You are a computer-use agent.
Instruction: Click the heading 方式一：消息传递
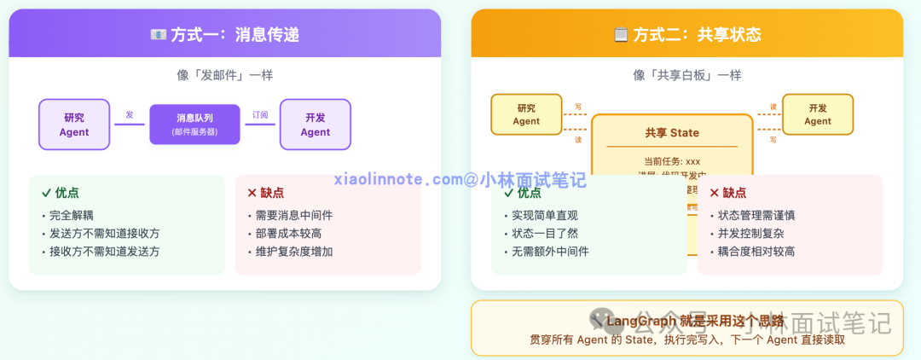pos(235,35)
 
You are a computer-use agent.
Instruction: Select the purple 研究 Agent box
pos(74,125)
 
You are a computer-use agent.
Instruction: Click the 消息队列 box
pos(195,125)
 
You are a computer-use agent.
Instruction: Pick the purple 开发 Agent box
pos(315,125)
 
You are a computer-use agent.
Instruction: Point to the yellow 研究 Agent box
pos(526,114)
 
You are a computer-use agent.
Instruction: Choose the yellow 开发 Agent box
pos(817,114)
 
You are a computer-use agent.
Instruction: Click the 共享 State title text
pos(672,133)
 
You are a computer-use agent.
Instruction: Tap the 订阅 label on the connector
pos(260,115)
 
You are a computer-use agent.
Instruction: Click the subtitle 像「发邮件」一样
pos(224,75)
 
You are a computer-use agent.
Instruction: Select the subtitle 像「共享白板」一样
pos(686,75)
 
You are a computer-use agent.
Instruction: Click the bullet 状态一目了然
pos(545,234)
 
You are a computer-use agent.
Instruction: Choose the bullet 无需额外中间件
pos(550,252)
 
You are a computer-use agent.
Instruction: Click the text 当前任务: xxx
pos(672,160)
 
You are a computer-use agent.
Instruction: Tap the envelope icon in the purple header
pos(159,35)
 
